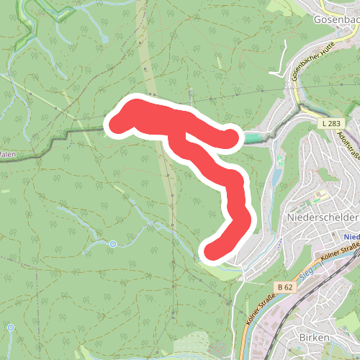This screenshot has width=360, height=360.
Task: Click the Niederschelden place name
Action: [322, 217]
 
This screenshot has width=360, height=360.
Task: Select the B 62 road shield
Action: [285, 287]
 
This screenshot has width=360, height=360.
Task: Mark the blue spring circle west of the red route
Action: [112, 245]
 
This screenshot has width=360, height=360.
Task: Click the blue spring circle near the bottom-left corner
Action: [11, 328]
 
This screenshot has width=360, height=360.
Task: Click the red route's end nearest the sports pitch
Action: [231, 136]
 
